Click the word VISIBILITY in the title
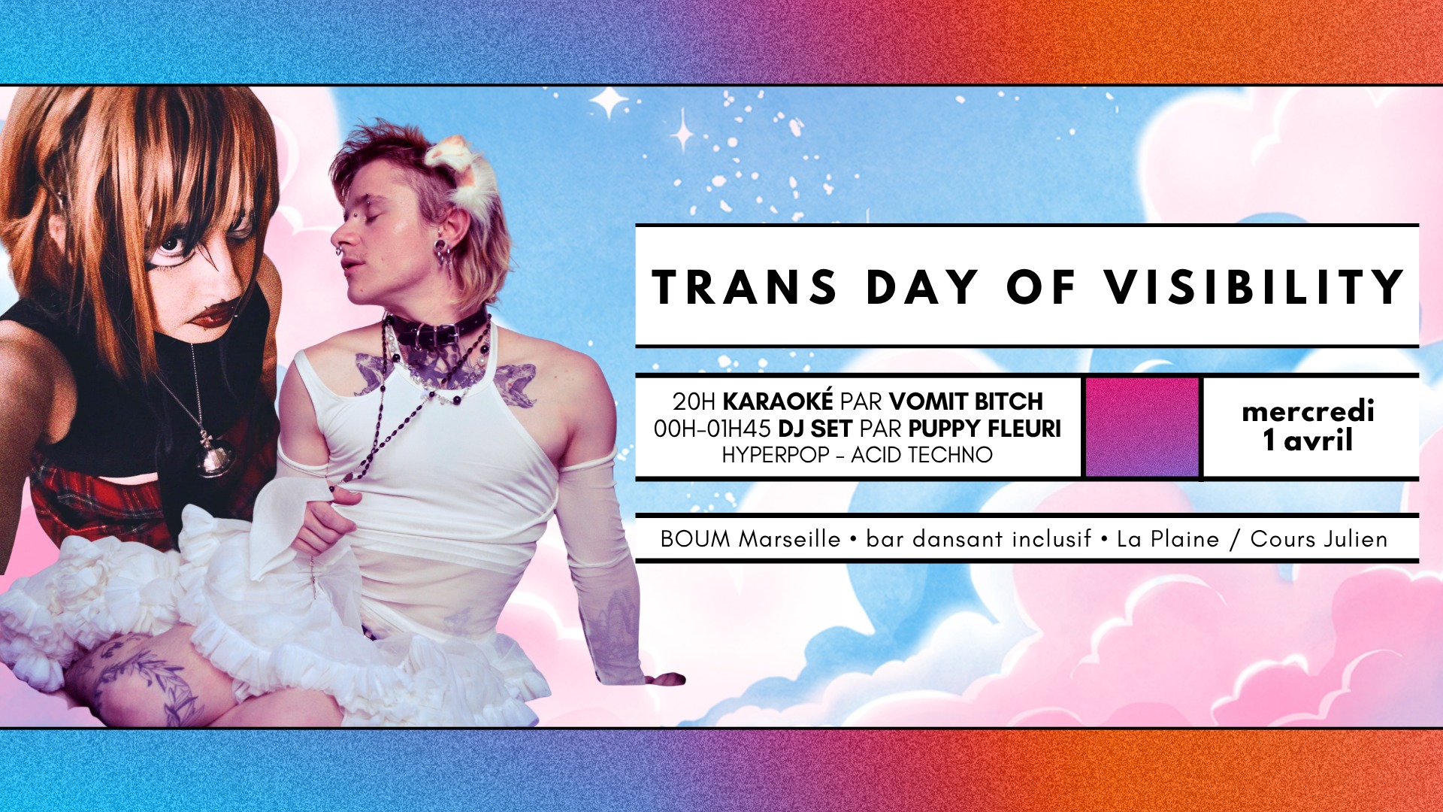coord(1254,286)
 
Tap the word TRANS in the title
coord(744,286)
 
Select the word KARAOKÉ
coord(778,401)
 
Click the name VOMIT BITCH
coord(966,401)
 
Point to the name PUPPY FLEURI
coord(985,429)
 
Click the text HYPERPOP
coord(775,455)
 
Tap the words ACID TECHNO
coord(921,455)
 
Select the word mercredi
coord(1308,411)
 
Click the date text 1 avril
coord(1308,440)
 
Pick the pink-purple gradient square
coord(1142,426)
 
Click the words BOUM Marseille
coord(750,539)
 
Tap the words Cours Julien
coord(1318,539)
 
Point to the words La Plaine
coord(1167,539)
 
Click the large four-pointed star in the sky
coord(609,102)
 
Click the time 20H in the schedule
coord(694,401)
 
